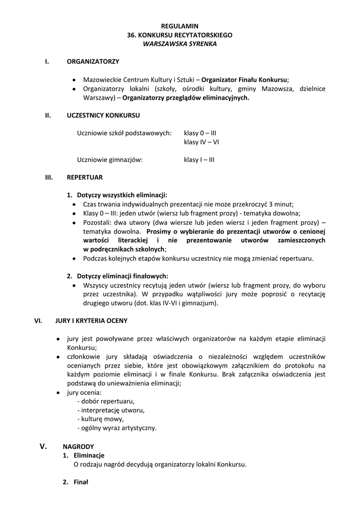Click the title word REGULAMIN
(x=180, y=25)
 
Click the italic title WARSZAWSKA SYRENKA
(x=180, y=44)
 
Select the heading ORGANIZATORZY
(x=93, y=62)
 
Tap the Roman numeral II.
(x=48, y=115)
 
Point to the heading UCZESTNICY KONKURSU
(x=103, y=115)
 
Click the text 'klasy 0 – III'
(x=200, y=133)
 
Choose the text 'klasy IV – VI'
(x=202, y=142)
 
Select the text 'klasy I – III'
(x=199, y=160)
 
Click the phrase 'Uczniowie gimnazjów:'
(x=110, y=160)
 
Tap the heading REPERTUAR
(x=85, y=177)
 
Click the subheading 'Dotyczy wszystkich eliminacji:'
(x=122, y=195)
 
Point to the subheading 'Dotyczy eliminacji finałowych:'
(x=122, y=276)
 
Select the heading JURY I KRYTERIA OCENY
(x=91, y=320)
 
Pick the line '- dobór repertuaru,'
(x=106, y=401)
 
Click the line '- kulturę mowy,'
(x=101, y=419)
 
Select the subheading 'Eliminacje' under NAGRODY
(x=89, y=455)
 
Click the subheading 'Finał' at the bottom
(x=80, y=482)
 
